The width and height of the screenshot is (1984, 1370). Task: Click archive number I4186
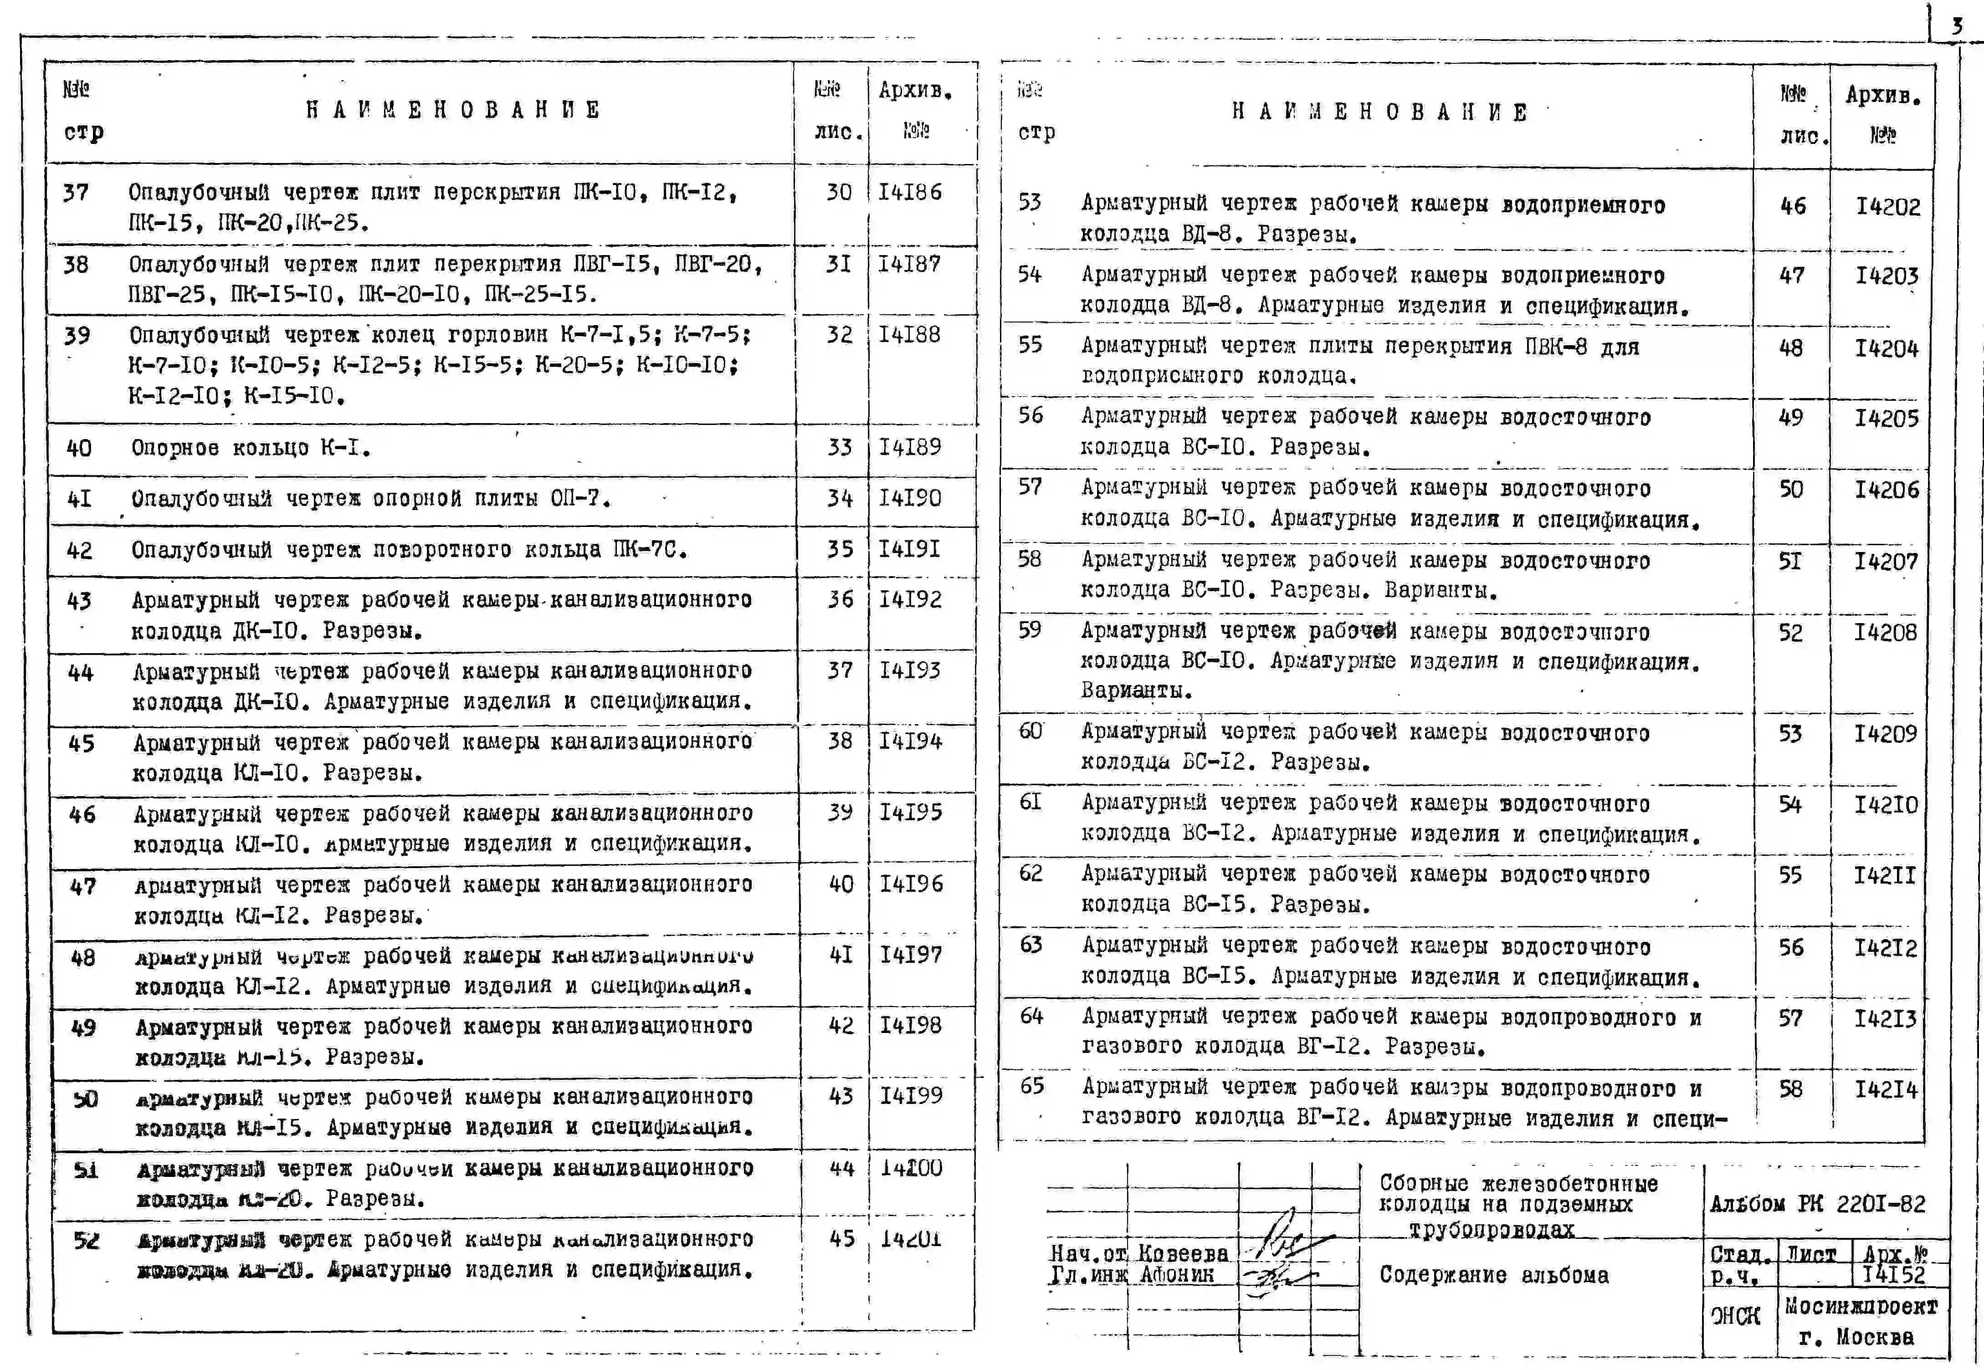click(910, 192)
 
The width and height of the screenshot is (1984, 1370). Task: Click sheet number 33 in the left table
click(839, 447)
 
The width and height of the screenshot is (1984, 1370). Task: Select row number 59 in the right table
click(1030, 630)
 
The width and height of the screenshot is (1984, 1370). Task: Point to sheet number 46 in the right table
click(1793, 206)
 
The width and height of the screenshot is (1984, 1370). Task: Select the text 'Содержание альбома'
click(1494, 1275)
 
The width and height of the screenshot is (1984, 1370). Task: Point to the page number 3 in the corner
click(1957, 26)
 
